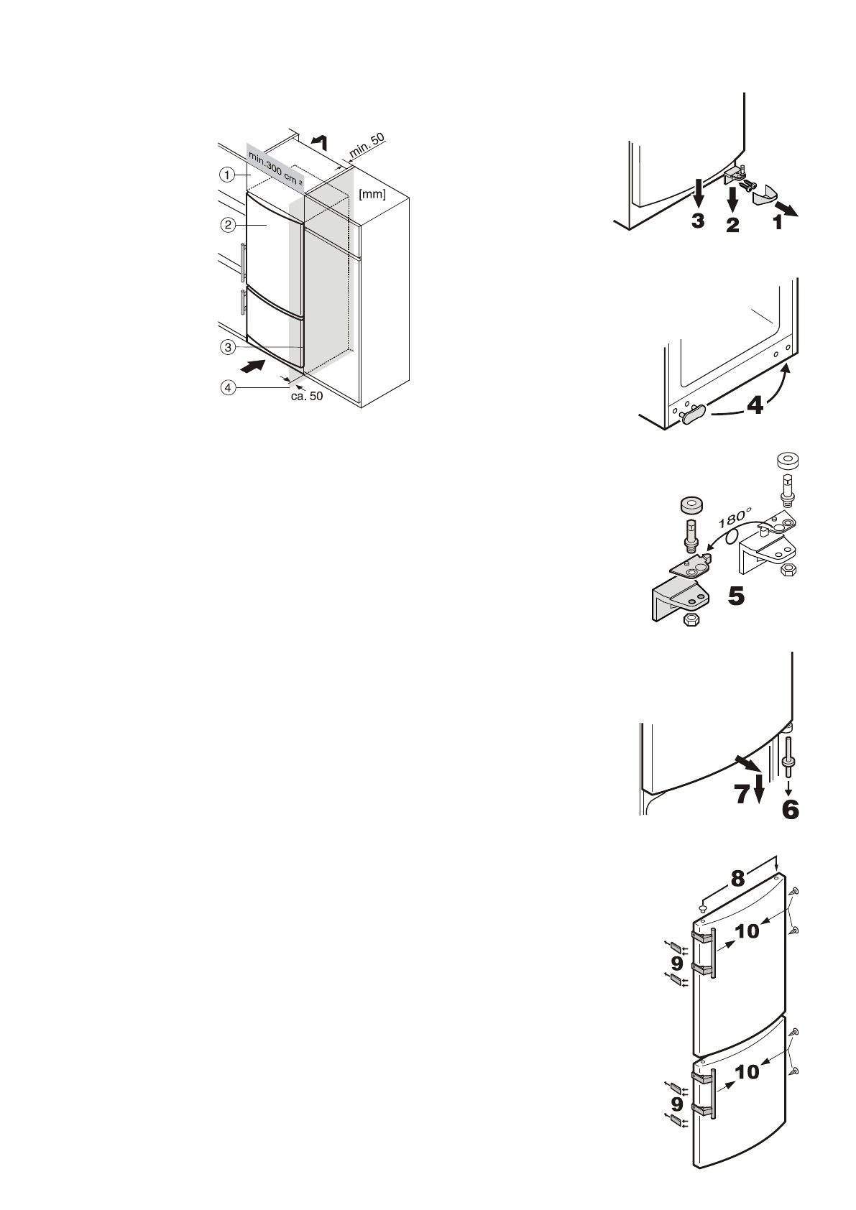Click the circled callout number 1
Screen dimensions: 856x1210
[x=227, y=174]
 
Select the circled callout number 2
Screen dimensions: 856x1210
[x=227, y=224]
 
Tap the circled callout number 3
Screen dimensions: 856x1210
[x=227, y=347]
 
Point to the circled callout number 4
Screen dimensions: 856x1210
[x=227, y=388]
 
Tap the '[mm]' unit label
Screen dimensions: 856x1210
[x=372, y=193]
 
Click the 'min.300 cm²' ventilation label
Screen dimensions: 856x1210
[x=275, y=169]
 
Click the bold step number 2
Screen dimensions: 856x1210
[x=732, y=226]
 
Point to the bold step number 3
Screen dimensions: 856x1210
[x=698, y=221]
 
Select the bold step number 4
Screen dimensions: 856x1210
[x=755, y=407]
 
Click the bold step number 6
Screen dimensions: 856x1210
[x=789, y=810]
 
